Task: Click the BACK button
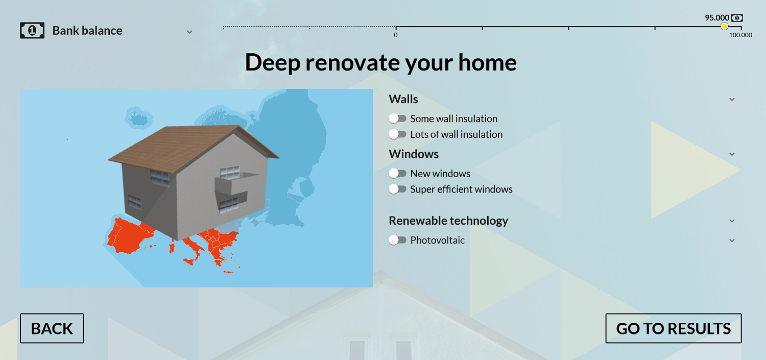pyautogui.click(x=52, y=328)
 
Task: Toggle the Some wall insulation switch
pyautogui.click(x=397, y=118)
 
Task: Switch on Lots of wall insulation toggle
pyautogui.click(x=397, y=134)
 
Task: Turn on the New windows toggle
pyautogui.click(x=397, y=173)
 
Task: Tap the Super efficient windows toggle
pyautogui.click(x=397, y=189)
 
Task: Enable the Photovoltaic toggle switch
pyautogui.click(x=397, y=240)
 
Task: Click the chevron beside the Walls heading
pyautogui.click(x=732, y=100)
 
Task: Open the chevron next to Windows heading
pyautogui.click(x=732, y=154)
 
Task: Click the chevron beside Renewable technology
pyautogui.click(x=732, y=221)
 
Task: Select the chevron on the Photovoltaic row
pyautogui.click(x=732, y=241)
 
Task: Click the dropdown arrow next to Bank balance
pyautogui.click(x=189, y=32)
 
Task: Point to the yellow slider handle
pyautogui.click(x=724, y=27)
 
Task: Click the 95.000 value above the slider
pyautogui.click(x=717, y=17)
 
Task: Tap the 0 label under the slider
pyautogui.click(x=396, y=35)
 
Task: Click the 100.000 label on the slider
pyautogui.click(x=740, y=35)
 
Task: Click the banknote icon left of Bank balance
pyautogui.click(x=32, y=31)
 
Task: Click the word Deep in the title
pyautogui.click(x=273, y=63)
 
